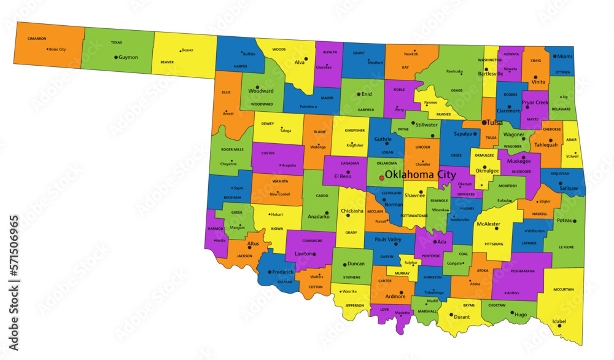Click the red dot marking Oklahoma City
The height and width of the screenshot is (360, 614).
point(381,178)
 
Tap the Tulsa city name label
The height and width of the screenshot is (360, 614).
point(494,123)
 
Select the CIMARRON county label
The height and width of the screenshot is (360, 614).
point(37,39)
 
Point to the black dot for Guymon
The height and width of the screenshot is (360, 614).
point(115,57)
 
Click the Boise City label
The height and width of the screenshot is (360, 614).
point(57,49)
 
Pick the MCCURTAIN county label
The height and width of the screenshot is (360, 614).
point(563,289)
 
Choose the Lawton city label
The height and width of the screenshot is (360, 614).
point(303,254)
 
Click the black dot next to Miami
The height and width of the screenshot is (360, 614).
point(554,56)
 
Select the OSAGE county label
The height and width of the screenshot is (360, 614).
point(456,90)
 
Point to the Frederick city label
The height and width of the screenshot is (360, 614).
point(283,271)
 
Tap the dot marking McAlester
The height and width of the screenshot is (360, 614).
point(496,229)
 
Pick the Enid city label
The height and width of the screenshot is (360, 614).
point(367,94)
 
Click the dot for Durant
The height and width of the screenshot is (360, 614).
point(451,315)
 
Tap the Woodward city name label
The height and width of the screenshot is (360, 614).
point(261,91)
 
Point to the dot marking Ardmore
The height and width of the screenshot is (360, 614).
point(401,292)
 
